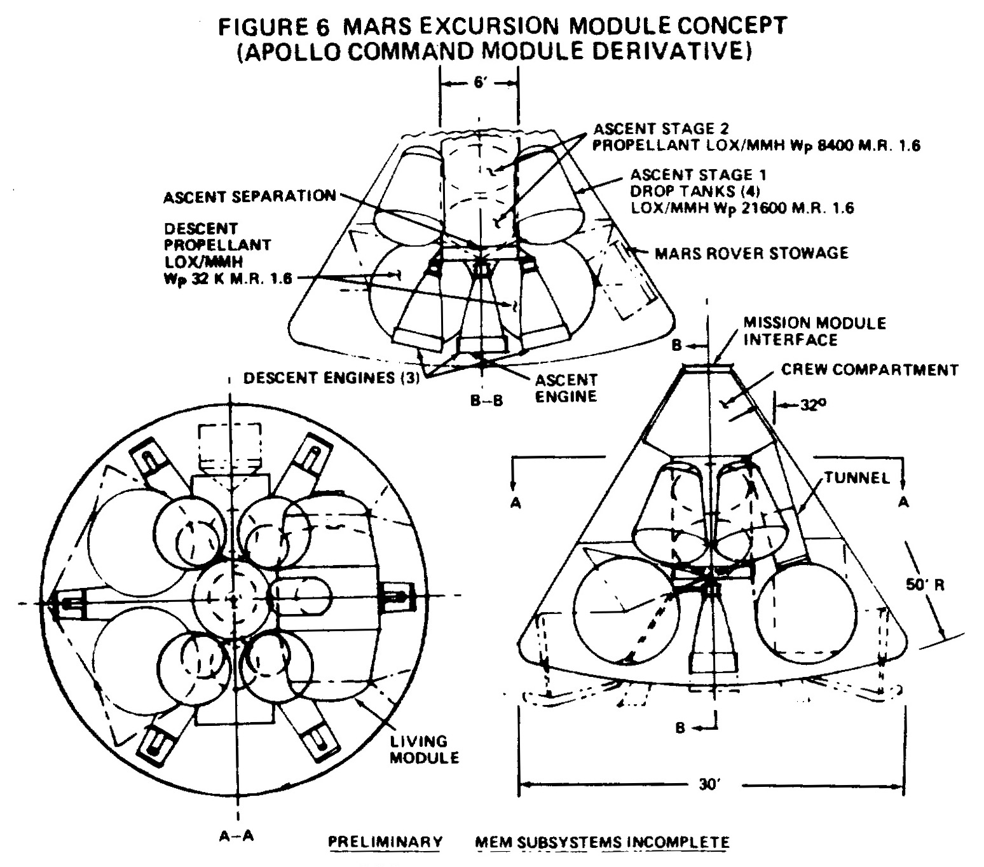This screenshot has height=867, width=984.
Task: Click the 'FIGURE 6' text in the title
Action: (x=274, y=26)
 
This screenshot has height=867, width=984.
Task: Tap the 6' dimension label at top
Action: (x=480, y=83)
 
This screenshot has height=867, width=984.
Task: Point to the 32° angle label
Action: (x=813, y=405)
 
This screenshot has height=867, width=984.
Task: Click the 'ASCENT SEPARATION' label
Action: (x=250, y=196)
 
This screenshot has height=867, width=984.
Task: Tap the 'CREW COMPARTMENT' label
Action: (x=870, y=370)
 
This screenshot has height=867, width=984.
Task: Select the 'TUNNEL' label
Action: (x=858, y=478)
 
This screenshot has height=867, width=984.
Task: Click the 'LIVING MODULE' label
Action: (x=424, y=749)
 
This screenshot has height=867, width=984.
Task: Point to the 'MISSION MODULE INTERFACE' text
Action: (x=814, y=331)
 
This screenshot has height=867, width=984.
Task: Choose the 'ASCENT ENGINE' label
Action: (x=566, y=388)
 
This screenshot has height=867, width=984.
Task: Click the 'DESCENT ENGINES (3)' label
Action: (x=331, y=378)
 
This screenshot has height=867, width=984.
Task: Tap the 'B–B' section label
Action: (x=486, y=401)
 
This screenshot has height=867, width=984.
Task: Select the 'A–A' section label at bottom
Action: (x=236, y=836)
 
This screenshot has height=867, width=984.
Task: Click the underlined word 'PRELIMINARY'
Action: (x=385, y=842)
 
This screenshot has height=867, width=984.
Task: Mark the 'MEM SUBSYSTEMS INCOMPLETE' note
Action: (x=602, y=842)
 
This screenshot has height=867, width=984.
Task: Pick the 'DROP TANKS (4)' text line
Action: (x=695, y=191)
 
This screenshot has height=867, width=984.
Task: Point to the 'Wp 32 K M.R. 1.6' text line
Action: (x=228, y=278)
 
